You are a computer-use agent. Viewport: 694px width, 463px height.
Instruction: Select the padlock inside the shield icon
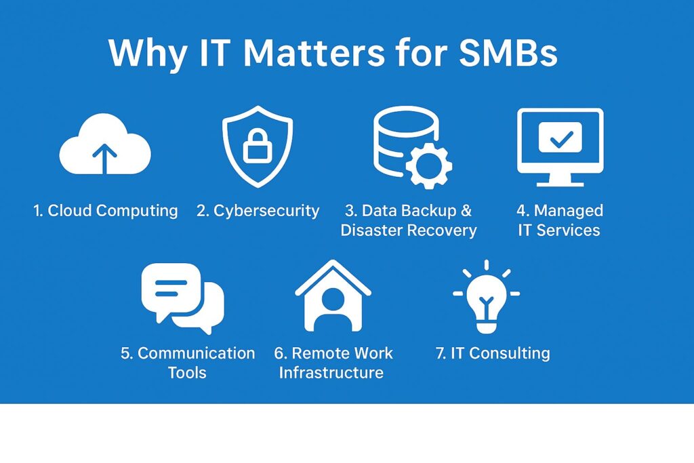258,144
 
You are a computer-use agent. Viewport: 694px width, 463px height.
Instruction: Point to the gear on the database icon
429,163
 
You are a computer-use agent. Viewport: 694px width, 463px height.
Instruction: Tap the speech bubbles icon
182,298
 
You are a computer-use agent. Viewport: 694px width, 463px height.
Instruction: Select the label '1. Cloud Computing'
106,211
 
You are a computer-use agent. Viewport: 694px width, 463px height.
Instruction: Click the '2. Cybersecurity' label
258,211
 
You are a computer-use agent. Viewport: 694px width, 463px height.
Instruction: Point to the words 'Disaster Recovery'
409,230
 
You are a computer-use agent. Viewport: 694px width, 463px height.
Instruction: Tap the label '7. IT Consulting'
493,353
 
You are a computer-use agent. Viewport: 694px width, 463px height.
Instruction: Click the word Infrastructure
331,373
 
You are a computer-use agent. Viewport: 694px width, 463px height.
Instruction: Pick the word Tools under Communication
187,373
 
